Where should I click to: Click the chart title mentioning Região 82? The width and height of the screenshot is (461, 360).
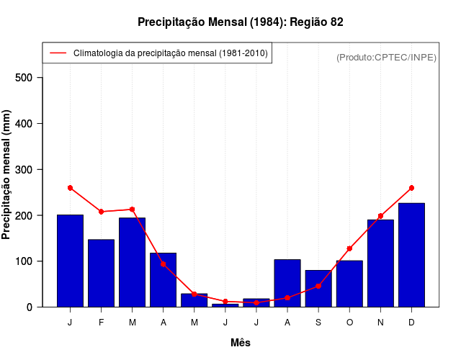(x=241, y=22)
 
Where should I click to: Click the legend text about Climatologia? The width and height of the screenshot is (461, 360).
(x=170, y=53)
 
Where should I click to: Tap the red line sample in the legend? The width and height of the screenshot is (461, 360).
(x=58, y=53)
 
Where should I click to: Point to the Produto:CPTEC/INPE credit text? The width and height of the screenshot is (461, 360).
(x=386, y=57)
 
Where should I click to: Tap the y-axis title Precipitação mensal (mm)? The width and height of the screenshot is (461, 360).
(x=7, y=175)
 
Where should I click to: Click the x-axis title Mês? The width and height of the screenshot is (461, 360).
(x=241, y=343)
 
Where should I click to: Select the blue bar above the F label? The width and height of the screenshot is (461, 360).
(x=101, y=273)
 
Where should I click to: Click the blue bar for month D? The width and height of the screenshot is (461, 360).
(x=411, y=255)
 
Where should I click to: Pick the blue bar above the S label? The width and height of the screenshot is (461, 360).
(x=318, y=289)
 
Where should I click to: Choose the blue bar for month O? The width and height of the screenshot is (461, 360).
(x=349, y=284)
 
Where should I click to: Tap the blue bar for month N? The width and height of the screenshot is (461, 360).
(x=380, y=263)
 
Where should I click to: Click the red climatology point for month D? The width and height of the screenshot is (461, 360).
(x=411, y=188)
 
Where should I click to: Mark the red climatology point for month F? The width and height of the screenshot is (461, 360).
(x=101, y=212)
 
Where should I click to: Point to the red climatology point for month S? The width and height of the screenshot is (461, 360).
(x=318, y=286)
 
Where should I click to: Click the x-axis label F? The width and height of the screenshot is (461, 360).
(x=101, y=323)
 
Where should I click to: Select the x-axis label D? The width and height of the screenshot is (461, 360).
(x=411, y=323)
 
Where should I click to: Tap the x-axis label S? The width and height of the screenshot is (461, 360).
(x=318, y=323)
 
